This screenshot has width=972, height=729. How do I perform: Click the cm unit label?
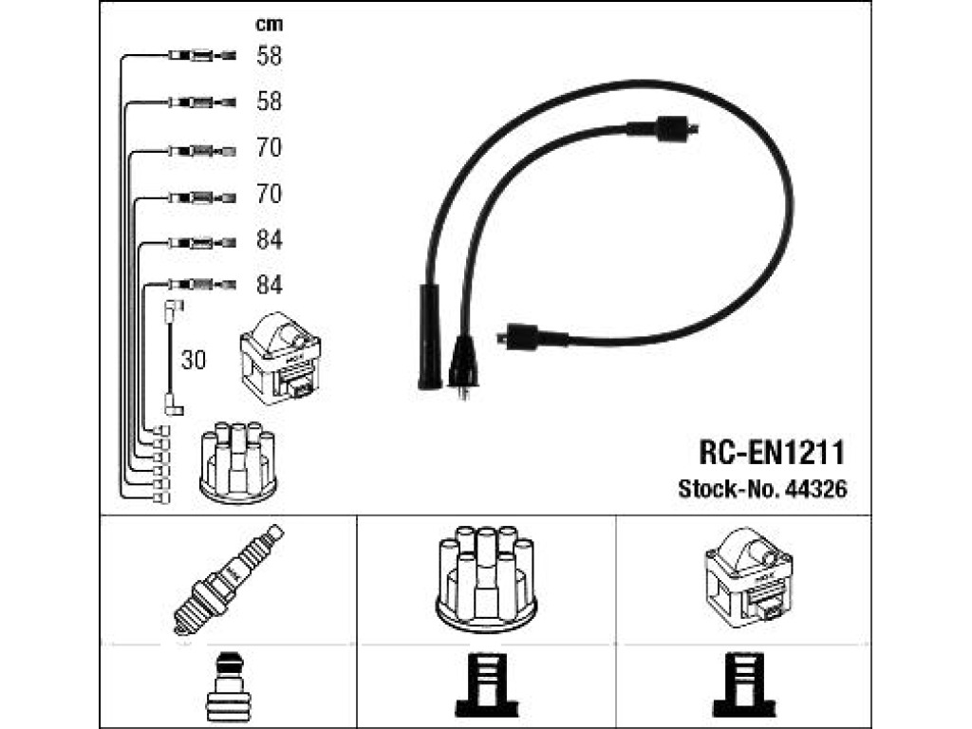click(269, 24)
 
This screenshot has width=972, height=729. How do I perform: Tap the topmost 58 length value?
click(269, 56)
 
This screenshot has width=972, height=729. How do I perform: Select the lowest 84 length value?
click(269, 285)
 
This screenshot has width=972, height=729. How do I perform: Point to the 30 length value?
click(194, 360)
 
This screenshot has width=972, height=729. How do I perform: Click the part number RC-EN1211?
click(772, 453)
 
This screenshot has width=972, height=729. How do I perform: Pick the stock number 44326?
click(815, 489)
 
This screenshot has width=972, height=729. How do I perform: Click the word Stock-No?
click(728, 489)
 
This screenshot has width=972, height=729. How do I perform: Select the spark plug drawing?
click(228, 579)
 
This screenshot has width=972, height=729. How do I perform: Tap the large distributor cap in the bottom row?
click(486, 579)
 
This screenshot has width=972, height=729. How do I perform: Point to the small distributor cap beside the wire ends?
click(238, 462)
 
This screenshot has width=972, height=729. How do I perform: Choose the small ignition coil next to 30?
click(280, 358)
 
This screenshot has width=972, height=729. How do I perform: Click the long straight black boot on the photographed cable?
click(430, 337)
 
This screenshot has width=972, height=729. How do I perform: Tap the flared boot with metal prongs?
click(463, 365)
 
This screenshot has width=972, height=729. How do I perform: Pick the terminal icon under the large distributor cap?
click(487, 685)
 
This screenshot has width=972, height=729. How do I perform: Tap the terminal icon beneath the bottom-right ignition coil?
click(744, 685)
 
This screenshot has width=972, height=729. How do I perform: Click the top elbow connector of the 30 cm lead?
click(173, 310)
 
